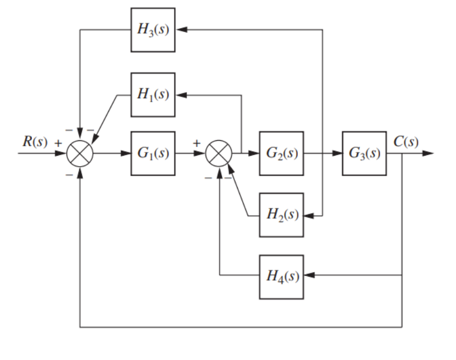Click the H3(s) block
(153, 29)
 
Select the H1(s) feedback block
(153, 94)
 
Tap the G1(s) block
(153, 153)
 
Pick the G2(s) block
(281, 153)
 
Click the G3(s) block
(364, 153)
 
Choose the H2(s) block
(281, 215)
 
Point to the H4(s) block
(281, 276)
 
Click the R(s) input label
(32, 142)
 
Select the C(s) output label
(406, 141)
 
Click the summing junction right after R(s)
(80, 153)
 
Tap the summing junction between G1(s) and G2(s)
(219, 153)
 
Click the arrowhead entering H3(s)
(180, 29)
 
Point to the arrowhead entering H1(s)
(180, 94)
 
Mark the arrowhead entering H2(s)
(308, 215)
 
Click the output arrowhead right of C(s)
(429, 153)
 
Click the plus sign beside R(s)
(57, 143)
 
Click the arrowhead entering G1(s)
(126, 153)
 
